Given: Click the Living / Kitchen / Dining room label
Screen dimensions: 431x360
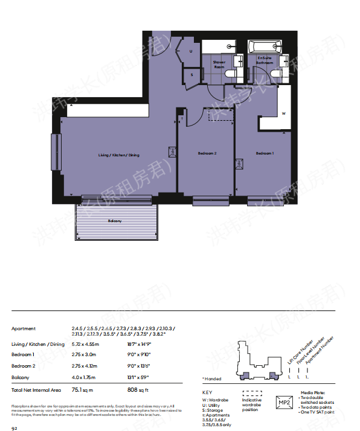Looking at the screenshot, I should [119, 155].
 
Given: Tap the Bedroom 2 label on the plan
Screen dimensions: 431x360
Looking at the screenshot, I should [207, 154].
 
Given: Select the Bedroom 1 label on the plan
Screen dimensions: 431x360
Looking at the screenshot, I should [265, 153].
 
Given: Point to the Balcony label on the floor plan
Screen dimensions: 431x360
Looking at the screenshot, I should [115, 221].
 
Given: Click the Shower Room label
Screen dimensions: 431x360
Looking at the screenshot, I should [219, 64].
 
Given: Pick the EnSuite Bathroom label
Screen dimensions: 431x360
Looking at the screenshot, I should [265, 60].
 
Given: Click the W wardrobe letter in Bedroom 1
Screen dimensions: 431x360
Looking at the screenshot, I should [283, 113].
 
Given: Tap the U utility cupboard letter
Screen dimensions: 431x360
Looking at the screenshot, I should [191, 51].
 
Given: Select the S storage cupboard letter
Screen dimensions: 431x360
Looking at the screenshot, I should [191, 74].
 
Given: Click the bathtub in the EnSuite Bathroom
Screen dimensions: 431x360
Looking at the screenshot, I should [265, 46].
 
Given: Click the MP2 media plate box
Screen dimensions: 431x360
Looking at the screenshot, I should [284, 403].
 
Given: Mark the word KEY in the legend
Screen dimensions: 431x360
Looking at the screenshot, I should [207, 393].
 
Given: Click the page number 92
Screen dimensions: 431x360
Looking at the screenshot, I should [15, 426].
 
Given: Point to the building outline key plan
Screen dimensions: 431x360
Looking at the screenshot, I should [259, 360].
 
